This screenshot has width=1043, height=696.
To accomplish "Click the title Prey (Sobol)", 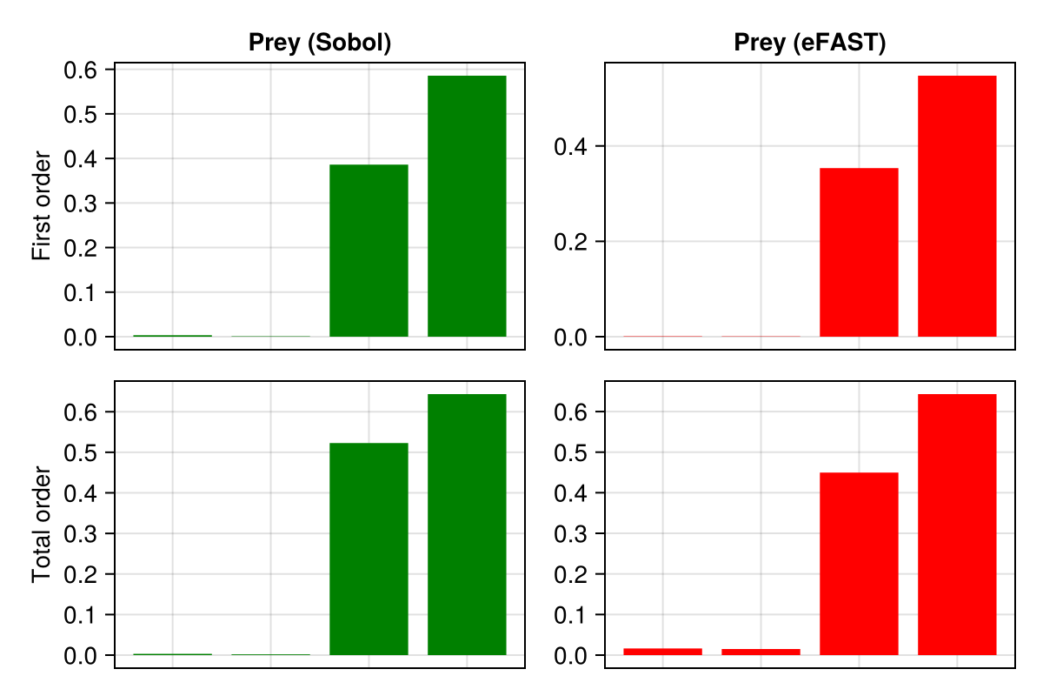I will pyautogui.click(x=319, y=43).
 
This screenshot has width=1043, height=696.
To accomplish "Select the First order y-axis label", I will pyautogui.click(x=42, y=206).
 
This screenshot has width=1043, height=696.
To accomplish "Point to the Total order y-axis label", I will pyautogui.click(x=42, y=525).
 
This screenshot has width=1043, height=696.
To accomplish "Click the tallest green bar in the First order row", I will pyautogui.click(x=467, y=206).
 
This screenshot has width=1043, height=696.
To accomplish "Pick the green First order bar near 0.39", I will pyautogui.click(x=369, y=251).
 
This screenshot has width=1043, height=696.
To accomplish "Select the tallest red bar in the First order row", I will pyautogui.click(x=957, y=206).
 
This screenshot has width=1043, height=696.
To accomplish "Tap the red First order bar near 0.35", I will pyautogui.click(x=859, y=252).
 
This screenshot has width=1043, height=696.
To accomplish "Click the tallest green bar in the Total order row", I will pyautogui.click(x=467, y=525).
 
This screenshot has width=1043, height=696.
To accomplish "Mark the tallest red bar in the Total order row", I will pyautogui.click(x=957, y=525).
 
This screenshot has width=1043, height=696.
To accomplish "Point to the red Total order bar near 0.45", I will pyautogui.click(x=859, y=564).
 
